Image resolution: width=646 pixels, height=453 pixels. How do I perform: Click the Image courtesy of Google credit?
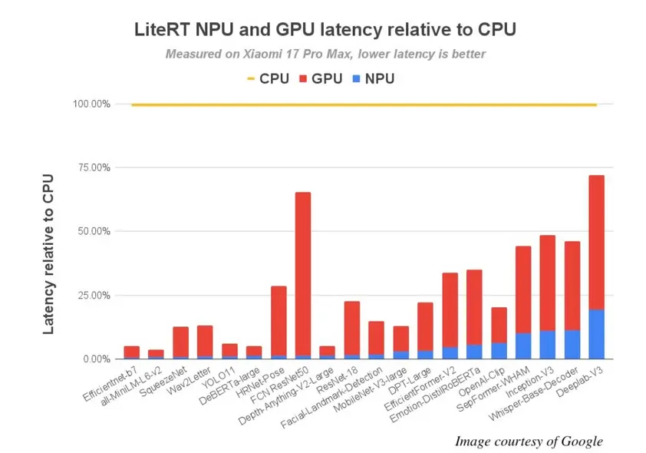[x=529, y=441]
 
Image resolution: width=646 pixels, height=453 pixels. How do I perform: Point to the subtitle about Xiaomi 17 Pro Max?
[x=325, y=54]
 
